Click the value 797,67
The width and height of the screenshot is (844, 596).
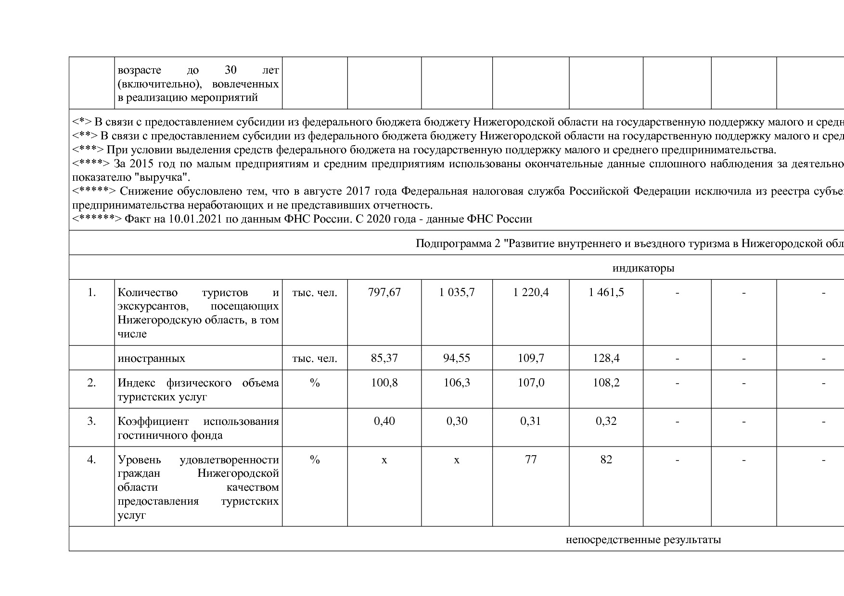[x=384, y=292]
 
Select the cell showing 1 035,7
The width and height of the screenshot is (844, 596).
[x=457, y=292]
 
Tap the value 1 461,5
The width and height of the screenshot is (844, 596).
[x=606, y=292]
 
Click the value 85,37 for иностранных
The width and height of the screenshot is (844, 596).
[x=384, y=358]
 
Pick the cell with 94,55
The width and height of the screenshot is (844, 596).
[x=457, y=358]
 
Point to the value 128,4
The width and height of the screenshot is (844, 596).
[x=606, y=358]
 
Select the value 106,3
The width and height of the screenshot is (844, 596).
[x=457, y=383]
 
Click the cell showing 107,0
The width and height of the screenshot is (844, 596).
[x=531, y=383]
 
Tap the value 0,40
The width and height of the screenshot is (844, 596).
[x=384, y=421]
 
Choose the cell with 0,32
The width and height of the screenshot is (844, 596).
[x=606, y=421]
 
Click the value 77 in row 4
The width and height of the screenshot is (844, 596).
[x=531, y=459]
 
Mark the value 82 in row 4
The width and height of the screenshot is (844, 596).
[x=606, y=459]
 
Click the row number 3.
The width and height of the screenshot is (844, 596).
[x=91, y=421]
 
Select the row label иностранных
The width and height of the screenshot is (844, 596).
[x=151, y=359]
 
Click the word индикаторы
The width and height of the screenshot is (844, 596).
[x=643, y=268]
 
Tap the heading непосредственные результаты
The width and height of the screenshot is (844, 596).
[x=643, y=539]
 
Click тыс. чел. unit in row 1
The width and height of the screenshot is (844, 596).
[x=315, y=292]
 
